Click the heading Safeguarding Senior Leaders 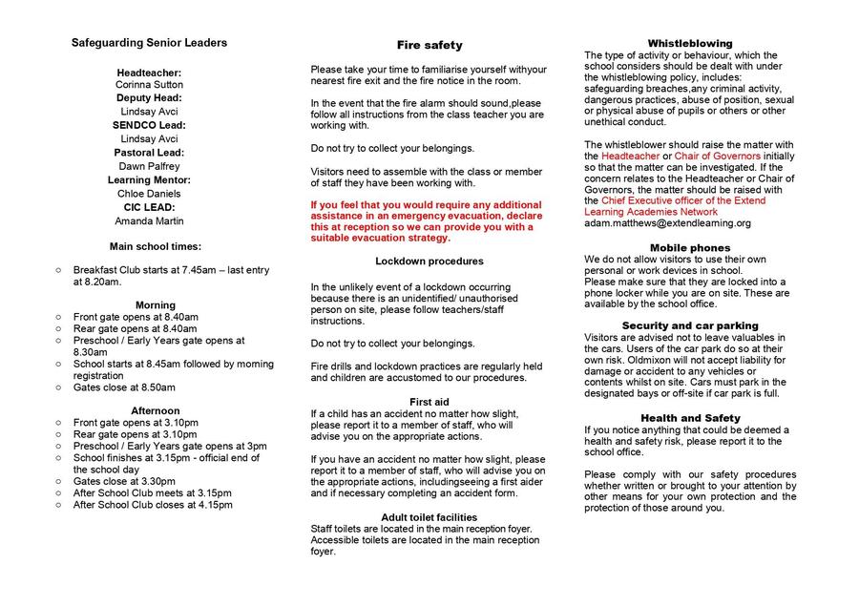[x=149, y=43]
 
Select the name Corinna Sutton [x=148, y=84]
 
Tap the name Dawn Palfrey [x=149, y=166]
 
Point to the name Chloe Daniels [x=149, y=194]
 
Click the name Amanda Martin [x=148, y=221]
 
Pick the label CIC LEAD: [x=148, y=207]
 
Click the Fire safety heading [x=429, y=45]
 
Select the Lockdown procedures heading [x=429, y=261]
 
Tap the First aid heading [x=429, y=402]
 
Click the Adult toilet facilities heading [x=429, y=516]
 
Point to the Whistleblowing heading [x=690, y=44]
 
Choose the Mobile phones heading [x=690, y=248]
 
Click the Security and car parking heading [x=690, y=325]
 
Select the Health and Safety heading [x=690, y=418]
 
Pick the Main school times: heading [x=156, y=246]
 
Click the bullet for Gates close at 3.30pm [x=59, y=482]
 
